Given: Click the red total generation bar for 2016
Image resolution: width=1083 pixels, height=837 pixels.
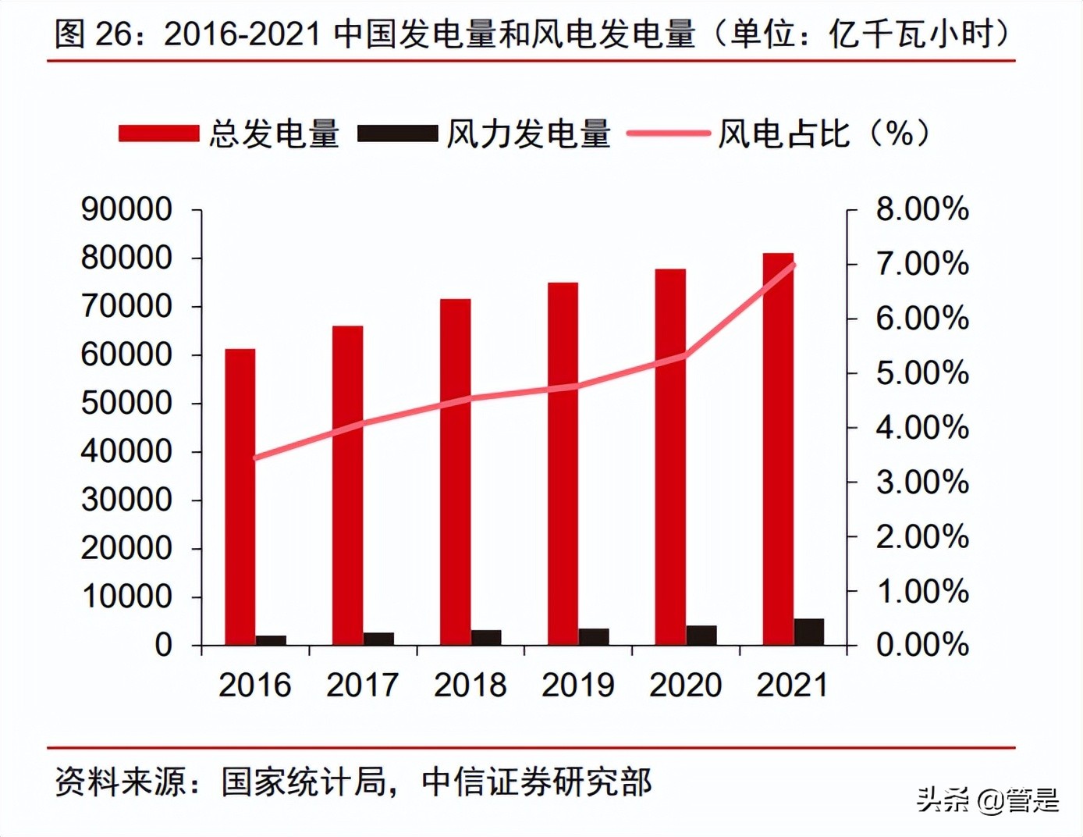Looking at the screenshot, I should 240,496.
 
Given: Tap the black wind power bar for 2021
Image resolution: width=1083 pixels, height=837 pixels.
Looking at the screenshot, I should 809,632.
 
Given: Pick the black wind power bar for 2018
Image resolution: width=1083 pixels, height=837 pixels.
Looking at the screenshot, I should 486,637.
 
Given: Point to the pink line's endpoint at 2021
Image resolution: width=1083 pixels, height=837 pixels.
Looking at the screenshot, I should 794,265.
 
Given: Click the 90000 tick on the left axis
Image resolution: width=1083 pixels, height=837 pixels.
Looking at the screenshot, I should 126,209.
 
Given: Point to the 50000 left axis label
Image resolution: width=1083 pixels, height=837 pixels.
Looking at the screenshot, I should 126,403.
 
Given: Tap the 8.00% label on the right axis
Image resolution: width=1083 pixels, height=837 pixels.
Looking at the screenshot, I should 922,209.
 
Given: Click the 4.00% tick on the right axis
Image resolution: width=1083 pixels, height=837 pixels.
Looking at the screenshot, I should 922,428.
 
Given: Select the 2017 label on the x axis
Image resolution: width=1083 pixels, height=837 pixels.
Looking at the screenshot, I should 362,685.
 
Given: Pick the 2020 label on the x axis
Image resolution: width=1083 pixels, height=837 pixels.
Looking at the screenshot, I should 685,685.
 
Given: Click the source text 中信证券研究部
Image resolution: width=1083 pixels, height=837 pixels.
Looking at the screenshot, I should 537,782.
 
